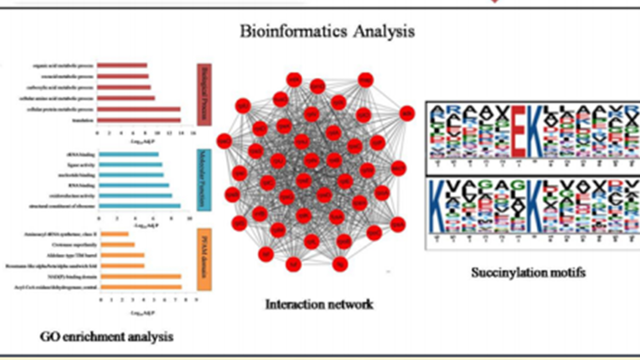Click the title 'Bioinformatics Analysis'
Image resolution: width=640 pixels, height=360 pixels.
327,31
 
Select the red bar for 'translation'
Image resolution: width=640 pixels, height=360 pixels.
138,120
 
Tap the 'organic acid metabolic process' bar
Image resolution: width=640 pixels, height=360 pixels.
122,65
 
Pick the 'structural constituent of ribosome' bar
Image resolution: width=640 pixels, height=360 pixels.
139,205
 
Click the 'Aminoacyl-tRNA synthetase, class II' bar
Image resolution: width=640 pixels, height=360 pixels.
115,233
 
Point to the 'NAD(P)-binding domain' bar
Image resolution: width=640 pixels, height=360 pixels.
141,276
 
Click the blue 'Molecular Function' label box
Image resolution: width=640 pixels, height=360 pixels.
204,180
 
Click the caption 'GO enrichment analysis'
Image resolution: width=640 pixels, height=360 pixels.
106,336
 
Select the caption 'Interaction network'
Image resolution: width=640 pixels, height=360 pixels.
319,303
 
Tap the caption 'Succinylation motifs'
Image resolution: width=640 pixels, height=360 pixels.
528,272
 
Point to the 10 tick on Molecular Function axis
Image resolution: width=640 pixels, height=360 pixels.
189,218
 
